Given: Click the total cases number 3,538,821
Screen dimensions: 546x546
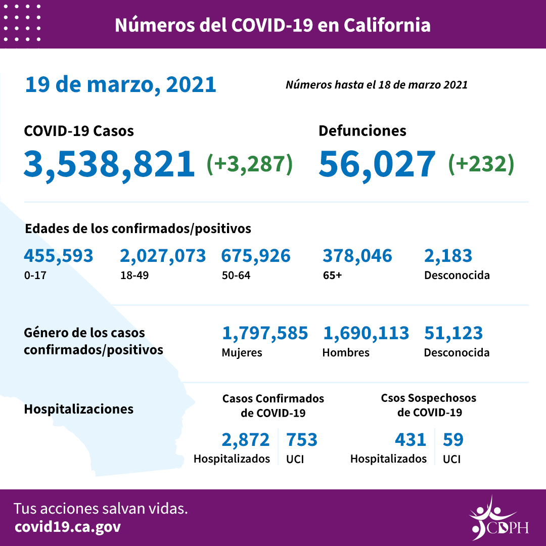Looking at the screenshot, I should pyautogui.click(x=109, y=164).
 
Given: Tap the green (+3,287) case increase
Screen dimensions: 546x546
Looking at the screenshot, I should pyautogui.click(x=250, y=164).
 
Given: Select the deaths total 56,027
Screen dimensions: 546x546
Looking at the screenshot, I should pyautogui.click(x=377, y=164).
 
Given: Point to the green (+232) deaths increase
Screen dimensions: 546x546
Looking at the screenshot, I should pyautogui.click(x=481, y=164).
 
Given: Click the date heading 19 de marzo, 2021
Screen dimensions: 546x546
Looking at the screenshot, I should pyautogui.click(x=120, y=84).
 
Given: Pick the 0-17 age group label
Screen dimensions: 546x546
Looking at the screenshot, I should pyautogui.click(x=34, y=276).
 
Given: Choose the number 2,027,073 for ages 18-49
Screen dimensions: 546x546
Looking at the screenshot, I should pyautogui.click(x=163, y=256).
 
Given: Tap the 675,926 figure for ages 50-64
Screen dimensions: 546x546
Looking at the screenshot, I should pyautogui.click(x=256, y=256).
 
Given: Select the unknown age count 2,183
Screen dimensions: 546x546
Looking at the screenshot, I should pyautogui.click(x=448, y=256).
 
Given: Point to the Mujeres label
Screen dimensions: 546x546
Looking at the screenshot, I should pyautogui.click(x=242, y=352).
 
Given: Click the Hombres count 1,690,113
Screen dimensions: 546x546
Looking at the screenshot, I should pyautogui.click(x=366, y=333).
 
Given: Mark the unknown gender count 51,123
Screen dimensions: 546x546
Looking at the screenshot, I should pyautogui.click(x=453, y=333).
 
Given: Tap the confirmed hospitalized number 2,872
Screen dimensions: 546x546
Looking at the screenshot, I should pyautogui.click(x=246, y=440).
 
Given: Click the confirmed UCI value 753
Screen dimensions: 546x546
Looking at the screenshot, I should pyautogui.click(x=302, y=440).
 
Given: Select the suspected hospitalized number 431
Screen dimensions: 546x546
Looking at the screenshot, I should pyautogui.click(x=411, y=440).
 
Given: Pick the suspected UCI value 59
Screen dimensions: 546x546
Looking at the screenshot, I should pyautogui.click(x=453, y=440).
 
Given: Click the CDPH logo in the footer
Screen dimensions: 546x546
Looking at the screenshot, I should pyautogui.click(x=498, y=518).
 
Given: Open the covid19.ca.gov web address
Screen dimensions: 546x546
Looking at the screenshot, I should pyautogui.click(x=68, y=527).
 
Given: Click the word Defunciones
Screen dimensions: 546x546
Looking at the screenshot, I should pyautogui.click(x=362, y=130).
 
